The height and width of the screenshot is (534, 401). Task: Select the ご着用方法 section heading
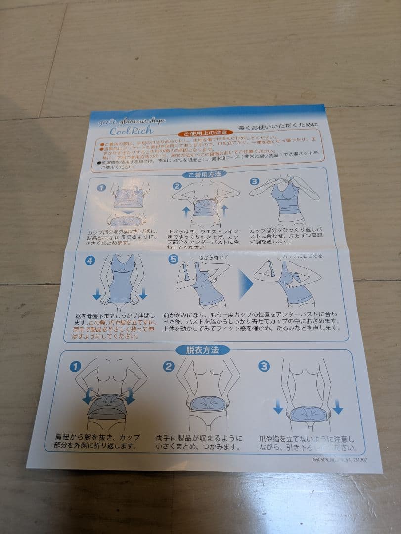tap(204, 174)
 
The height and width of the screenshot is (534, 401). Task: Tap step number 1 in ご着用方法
tap(101, 188)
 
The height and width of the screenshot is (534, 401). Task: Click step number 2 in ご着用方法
tap(177, 186)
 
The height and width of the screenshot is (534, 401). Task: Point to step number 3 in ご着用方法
tap(254, 181)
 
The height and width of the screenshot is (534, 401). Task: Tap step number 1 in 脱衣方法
tap(75, 367)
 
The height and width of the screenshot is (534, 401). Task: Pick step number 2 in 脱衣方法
tap(169, 366)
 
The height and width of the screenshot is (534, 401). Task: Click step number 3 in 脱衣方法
tap(264, 366)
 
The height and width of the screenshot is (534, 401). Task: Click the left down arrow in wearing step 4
tap(97, 295)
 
